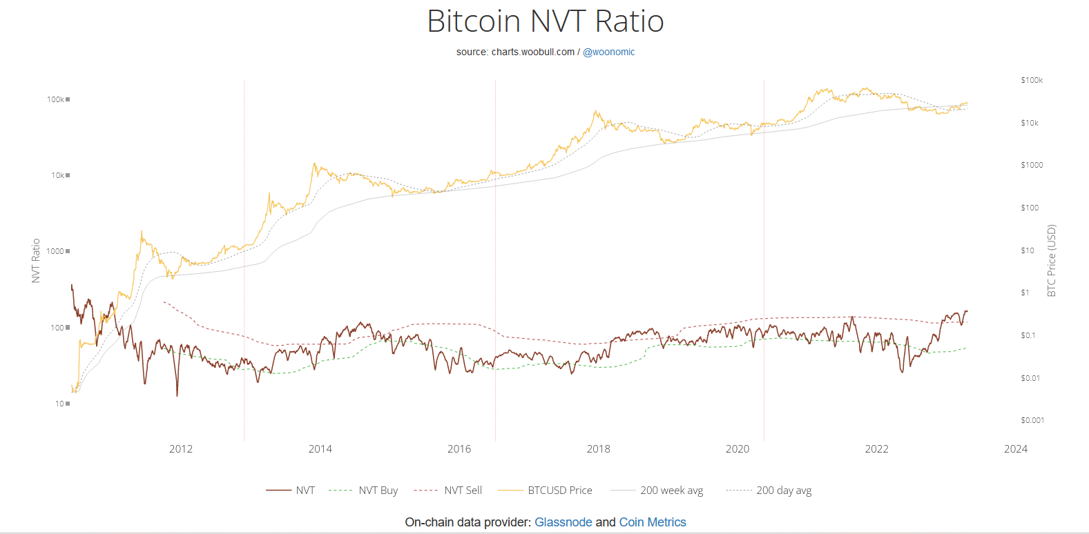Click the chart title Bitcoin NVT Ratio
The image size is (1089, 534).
[545, 21]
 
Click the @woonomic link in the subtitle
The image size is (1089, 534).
[608, 52]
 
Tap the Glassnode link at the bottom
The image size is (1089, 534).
[563, 522]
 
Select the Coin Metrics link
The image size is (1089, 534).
[652, 522]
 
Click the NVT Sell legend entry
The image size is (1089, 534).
[463, 491]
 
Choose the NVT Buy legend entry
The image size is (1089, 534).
[378, 491]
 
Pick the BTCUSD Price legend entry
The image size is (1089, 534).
[559, 491]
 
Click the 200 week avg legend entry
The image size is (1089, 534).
[671, 491]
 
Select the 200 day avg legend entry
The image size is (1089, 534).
[784, 491]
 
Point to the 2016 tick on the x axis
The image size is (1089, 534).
[459, 449]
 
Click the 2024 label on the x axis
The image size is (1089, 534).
[1015, 449]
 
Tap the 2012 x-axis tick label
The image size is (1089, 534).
[181, 449]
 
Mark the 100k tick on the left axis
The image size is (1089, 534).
[56, 99]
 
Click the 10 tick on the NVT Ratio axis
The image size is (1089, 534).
[60, 404]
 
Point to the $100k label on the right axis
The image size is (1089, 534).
[1032, 80]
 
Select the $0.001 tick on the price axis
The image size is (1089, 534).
[1032, 420]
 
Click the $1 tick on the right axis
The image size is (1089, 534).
[1025, 293]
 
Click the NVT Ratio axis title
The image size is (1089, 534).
[36, 261]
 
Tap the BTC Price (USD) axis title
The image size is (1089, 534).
[1052, 261]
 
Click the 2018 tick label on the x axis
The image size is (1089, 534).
[598, 449]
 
